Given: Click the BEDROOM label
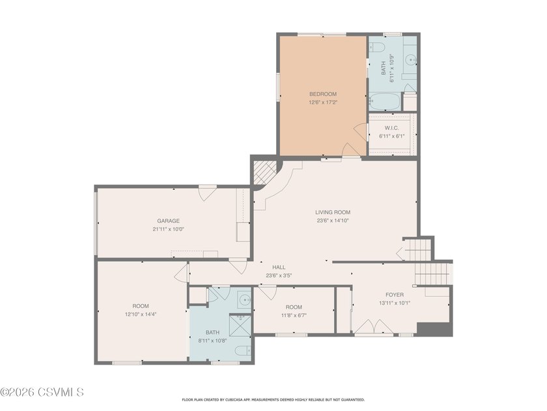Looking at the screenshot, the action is [323, 94].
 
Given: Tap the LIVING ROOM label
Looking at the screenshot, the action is [333, 212].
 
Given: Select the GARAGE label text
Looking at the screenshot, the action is [169, 221].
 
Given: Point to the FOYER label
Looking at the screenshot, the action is [395, 295].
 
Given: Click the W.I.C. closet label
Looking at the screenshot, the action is [392, 128].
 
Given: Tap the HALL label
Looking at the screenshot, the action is [279, 267].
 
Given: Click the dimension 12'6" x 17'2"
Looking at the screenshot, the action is [323, 103].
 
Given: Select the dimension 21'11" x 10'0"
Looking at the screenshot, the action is [169, 230].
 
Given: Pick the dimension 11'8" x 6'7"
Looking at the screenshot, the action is [294, 316].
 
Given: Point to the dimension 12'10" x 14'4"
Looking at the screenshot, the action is [141, 314].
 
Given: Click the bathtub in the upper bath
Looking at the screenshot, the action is [384, 101].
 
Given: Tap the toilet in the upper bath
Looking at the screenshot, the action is [377, 47].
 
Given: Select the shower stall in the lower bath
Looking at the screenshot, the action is [240, 326].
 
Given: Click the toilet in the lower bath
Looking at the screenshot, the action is [243, 350].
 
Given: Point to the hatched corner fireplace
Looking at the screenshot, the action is [264, 172].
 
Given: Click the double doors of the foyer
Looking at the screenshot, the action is [374, 326].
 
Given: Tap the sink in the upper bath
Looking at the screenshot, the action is [411, 61].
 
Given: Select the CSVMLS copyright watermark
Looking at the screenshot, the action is [42, 392].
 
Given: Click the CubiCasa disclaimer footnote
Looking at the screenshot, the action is [273, 400].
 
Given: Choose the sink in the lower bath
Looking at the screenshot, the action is [245, 300].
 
